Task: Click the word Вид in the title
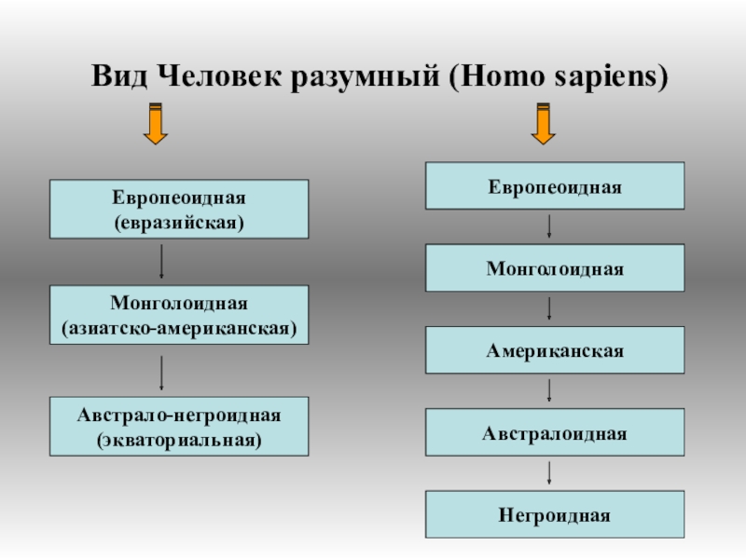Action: tap(119, 75)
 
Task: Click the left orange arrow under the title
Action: tap(156, 123)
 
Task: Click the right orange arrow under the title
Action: tap(543, 123)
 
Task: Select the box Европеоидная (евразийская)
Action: tap(179, 211)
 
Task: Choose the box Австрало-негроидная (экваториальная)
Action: tap(179, 426)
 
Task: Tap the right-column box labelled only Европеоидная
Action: tap(555, 185)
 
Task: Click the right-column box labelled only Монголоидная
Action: tap(555, 268)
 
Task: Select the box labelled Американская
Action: tap(555, 350)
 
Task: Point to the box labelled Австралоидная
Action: tap(555, 432)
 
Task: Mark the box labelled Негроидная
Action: tap(555, 514)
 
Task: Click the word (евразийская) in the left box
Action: tap(179, 223)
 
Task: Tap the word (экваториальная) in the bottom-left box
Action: tap(179, 438)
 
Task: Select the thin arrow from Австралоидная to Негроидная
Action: tap(549, 473)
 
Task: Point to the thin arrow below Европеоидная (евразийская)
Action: tap(162, 262)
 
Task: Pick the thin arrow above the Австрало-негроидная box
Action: tap(162, 372)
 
